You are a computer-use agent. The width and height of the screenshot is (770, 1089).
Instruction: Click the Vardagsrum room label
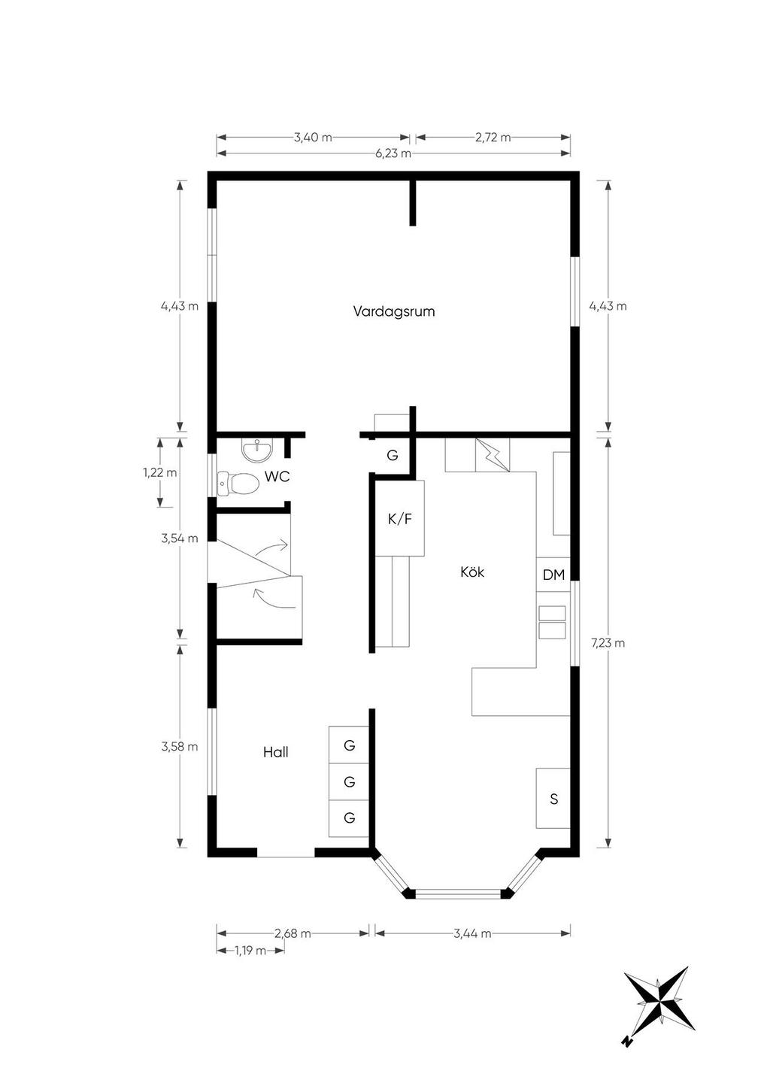pyautogui.click(x=394, y=311)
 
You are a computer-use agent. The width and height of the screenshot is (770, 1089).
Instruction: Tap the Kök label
pyautogui.click(x=472, y=572)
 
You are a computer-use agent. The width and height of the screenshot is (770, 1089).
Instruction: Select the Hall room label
pyautogui.click(x=276, y=752)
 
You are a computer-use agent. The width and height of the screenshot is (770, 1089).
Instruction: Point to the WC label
pyautogui.click(x=277, y=477)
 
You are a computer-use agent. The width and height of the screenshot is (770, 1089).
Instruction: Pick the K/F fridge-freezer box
pyautogui.click(x=399, y=518)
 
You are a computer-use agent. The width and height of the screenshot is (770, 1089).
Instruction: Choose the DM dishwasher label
pyautogui.click(x=553, y=575)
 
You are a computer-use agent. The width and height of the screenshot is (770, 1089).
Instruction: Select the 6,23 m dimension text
pyautogui.click(x=393, y=153)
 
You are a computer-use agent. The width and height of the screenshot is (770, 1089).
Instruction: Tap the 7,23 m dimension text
pyautogui.click(x=608, y=643)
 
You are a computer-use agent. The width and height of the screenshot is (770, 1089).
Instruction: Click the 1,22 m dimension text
pyautogui.click(x=160, y=472)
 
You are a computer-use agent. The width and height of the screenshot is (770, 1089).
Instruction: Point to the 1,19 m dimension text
pyautogui.click(x=250, y=951)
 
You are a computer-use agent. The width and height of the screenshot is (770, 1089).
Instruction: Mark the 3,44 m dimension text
pyautogui.click(x=472, y=933)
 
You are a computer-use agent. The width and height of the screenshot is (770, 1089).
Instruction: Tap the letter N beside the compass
pyautogui.click(x=628, y=1042)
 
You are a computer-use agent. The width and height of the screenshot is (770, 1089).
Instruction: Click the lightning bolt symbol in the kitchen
pyautogui.click(x=492, y=455)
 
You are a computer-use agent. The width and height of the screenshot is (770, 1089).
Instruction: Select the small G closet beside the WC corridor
pyautogui.click(x=393, y=456)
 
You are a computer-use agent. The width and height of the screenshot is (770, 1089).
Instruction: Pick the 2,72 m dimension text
pyautogui.click(x=493, y=137)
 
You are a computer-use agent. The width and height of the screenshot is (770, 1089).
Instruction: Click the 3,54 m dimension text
pyautogui.click(x=180, y=538)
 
